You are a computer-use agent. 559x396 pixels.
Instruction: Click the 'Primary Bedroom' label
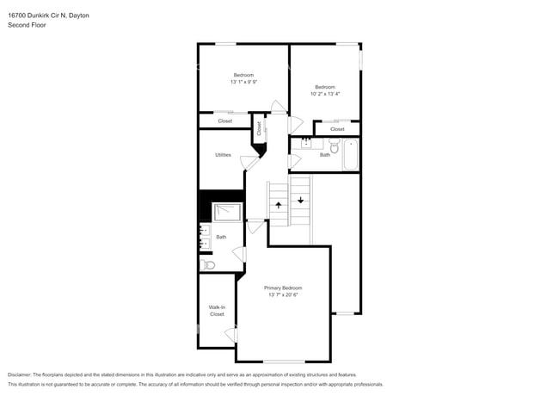pos(283,288)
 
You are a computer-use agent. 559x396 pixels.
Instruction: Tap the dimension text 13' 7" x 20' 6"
pos(283,295)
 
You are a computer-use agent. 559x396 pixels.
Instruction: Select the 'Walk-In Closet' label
pos(217,311)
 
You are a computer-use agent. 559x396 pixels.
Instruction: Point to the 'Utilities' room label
pos(223,155)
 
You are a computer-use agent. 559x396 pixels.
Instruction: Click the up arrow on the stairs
pos(278,205)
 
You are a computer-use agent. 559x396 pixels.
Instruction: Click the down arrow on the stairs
pos(300,200)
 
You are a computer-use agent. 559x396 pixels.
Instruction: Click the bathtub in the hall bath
pos(351,155)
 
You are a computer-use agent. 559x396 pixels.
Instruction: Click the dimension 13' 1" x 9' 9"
pos(243,83)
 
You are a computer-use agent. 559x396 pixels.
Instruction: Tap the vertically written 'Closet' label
pos(258,128)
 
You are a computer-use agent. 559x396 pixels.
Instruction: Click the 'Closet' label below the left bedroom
pos(224,121)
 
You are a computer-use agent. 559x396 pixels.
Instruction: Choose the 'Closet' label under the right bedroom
pos(337,129)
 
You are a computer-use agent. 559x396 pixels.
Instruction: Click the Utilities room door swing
pos(249,161)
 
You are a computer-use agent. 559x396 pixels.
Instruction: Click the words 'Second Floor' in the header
pos(28,25)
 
